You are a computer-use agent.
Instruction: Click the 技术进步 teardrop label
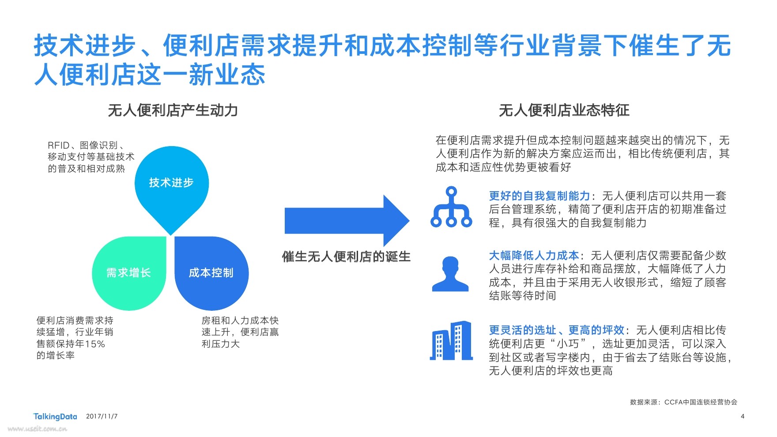[171, 183]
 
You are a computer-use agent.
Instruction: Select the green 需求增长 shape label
[128, 273]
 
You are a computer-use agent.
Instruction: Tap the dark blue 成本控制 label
[211, 273]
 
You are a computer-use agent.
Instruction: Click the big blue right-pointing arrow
[347, 220]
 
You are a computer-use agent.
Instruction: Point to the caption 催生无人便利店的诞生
[347, 256]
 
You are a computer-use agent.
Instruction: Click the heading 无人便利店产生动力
[173, 110]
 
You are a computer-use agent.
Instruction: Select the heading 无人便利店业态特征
[564, 110]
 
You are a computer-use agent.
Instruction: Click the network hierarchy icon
[451, 207]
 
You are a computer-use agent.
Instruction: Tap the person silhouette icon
[450, 274]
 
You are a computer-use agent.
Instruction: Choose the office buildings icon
[451, 340]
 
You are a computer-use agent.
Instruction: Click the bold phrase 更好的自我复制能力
[539, 196]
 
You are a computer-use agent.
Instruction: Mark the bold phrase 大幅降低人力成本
[534, 256]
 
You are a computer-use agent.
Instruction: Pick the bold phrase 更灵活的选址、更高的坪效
[557, 330]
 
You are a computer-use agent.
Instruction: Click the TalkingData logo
[55, 416]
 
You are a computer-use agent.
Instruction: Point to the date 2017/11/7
[102, 416]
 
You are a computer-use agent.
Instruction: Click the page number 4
[743, 416]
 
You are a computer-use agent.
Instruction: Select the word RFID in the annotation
[59, 145]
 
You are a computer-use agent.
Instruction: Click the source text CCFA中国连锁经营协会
[701, 402]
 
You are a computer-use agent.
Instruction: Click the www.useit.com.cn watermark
[37, 429]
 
